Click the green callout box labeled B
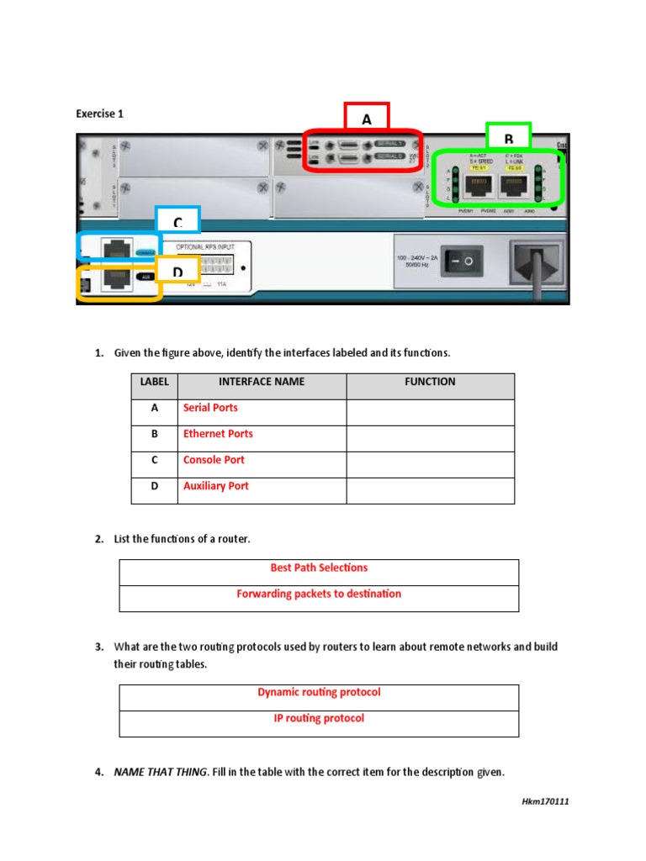508,137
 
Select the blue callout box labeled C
177,220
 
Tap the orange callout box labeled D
177,271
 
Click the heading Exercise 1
100,114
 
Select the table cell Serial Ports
210,408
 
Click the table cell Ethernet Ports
218,434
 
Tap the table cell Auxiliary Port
216,486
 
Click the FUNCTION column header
430,382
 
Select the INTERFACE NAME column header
262,382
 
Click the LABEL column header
154,382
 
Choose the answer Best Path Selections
319,568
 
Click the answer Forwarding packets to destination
319,594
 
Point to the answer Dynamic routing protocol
319,692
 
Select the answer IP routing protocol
319,718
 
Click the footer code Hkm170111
545,801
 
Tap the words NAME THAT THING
160,772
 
